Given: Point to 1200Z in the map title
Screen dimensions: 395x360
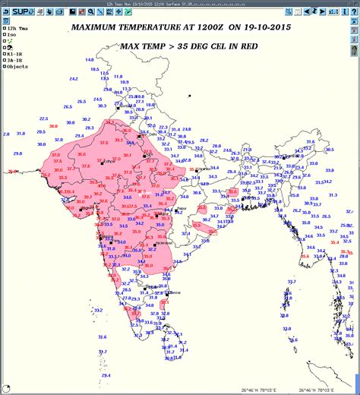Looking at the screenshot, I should pyautogui.click(x=209, y=27).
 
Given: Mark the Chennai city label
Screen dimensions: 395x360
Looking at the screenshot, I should pyautogui.click(x=175, y=292).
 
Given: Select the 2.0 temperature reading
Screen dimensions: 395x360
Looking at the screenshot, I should pyautogui.click(x=6, y=134).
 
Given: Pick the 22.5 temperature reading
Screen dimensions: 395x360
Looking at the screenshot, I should pyautogui.click(x=43, y=118).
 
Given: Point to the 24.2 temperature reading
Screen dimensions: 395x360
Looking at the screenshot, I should pyautogui.click(x=97, y=100).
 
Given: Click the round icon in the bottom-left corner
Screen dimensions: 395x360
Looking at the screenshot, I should pyautogui.click(x=7, y=388).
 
